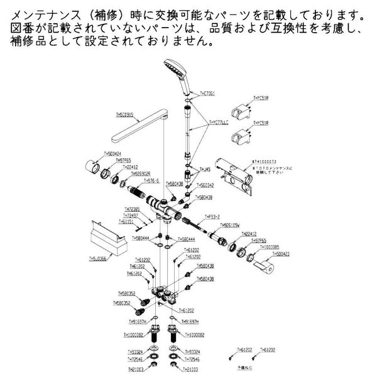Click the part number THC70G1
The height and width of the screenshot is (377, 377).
(x=208, y=93)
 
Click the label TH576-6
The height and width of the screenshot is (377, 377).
(x=151, y=180)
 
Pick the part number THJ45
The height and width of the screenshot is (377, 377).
(x=204, y=169)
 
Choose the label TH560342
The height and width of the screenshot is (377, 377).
(x=205, y=185)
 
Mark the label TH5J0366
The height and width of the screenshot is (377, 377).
(x=98, y=258)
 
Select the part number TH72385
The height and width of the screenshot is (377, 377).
(x=133, y=209)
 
